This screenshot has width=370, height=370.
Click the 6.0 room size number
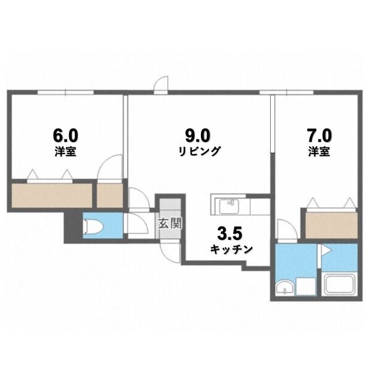click(x=65, y=136)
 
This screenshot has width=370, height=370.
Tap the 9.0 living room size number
click(x=197, y=136)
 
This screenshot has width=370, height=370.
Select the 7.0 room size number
click(x=319, y=136)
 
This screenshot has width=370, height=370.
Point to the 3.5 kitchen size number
click(x=230, y=234)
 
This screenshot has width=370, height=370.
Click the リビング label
click(x=200, y=151)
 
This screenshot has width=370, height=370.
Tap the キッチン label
click(x=231, y=249)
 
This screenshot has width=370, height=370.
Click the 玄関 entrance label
click(x=170, y=223)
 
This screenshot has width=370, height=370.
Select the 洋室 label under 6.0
click(x=65, y=151)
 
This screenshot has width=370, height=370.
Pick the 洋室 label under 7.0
click(x=319, y=151)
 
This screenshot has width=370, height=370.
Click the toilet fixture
click(x=94, y=226)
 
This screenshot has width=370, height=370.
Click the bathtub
click(x=339, y=284)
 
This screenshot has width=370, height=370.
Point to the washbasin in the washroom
click(x=285, y=287)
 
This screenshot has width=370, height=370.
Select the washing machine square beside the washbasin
click(x=306, y=286)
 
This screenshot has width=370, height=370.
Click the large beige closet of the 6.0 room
click(x=52, y=195)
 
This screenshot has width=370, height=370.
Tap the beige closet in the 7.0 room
click(x=331, y=225)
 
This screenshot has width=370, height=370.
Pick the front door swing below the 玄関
click(x=170, y=252)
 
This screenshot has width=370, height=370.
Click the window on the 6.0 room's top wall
click(x=65, y=92)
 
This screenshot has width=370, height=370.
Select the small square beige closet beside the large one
click(x=110, y=195)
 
